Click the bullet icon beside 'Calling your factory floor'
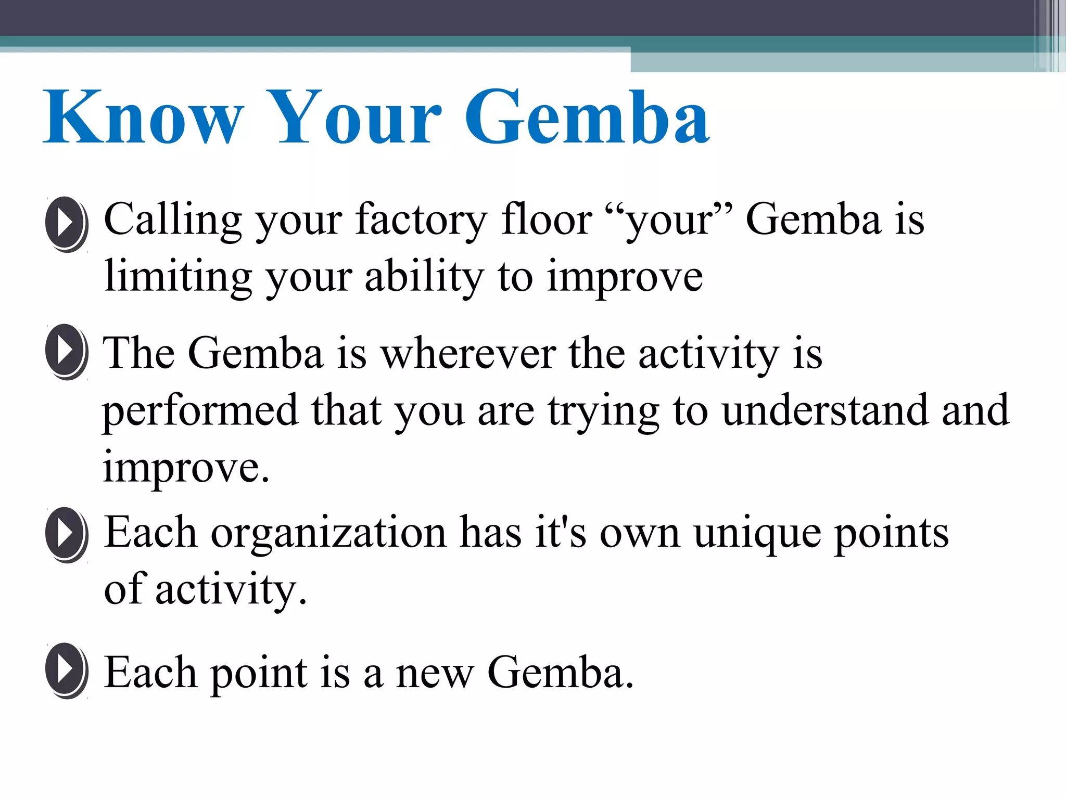(66, 224)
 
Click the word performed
(200, 411)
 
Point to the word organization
(328, 534)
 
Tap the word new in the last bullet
(435, 673)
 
